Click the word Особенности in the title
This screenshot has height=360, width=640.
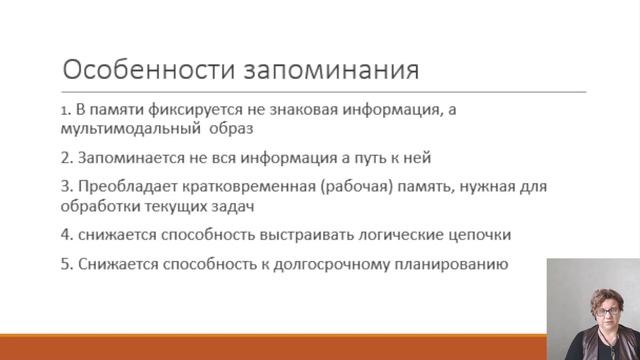tap(149, 69)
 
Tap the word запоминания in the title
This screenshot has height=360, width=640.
tap(331, 70)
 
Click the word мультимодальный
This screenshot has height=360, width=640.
tap(131, 129)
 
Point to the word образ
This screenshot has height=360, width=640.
tap(231, 128)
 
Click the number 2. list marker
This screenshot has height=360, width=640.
tap(67, 158)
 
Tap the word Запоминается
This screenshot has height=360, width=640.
tap(131, 158)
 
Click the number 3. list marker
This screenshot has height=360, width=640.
tap(67, 187)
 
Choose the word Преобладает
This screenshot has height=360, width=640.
tap(128, 187)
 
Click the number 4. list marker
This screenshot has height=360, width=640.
tap(67, 235)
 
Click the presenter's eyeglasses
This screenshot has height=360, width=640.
tap(607, 312)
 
